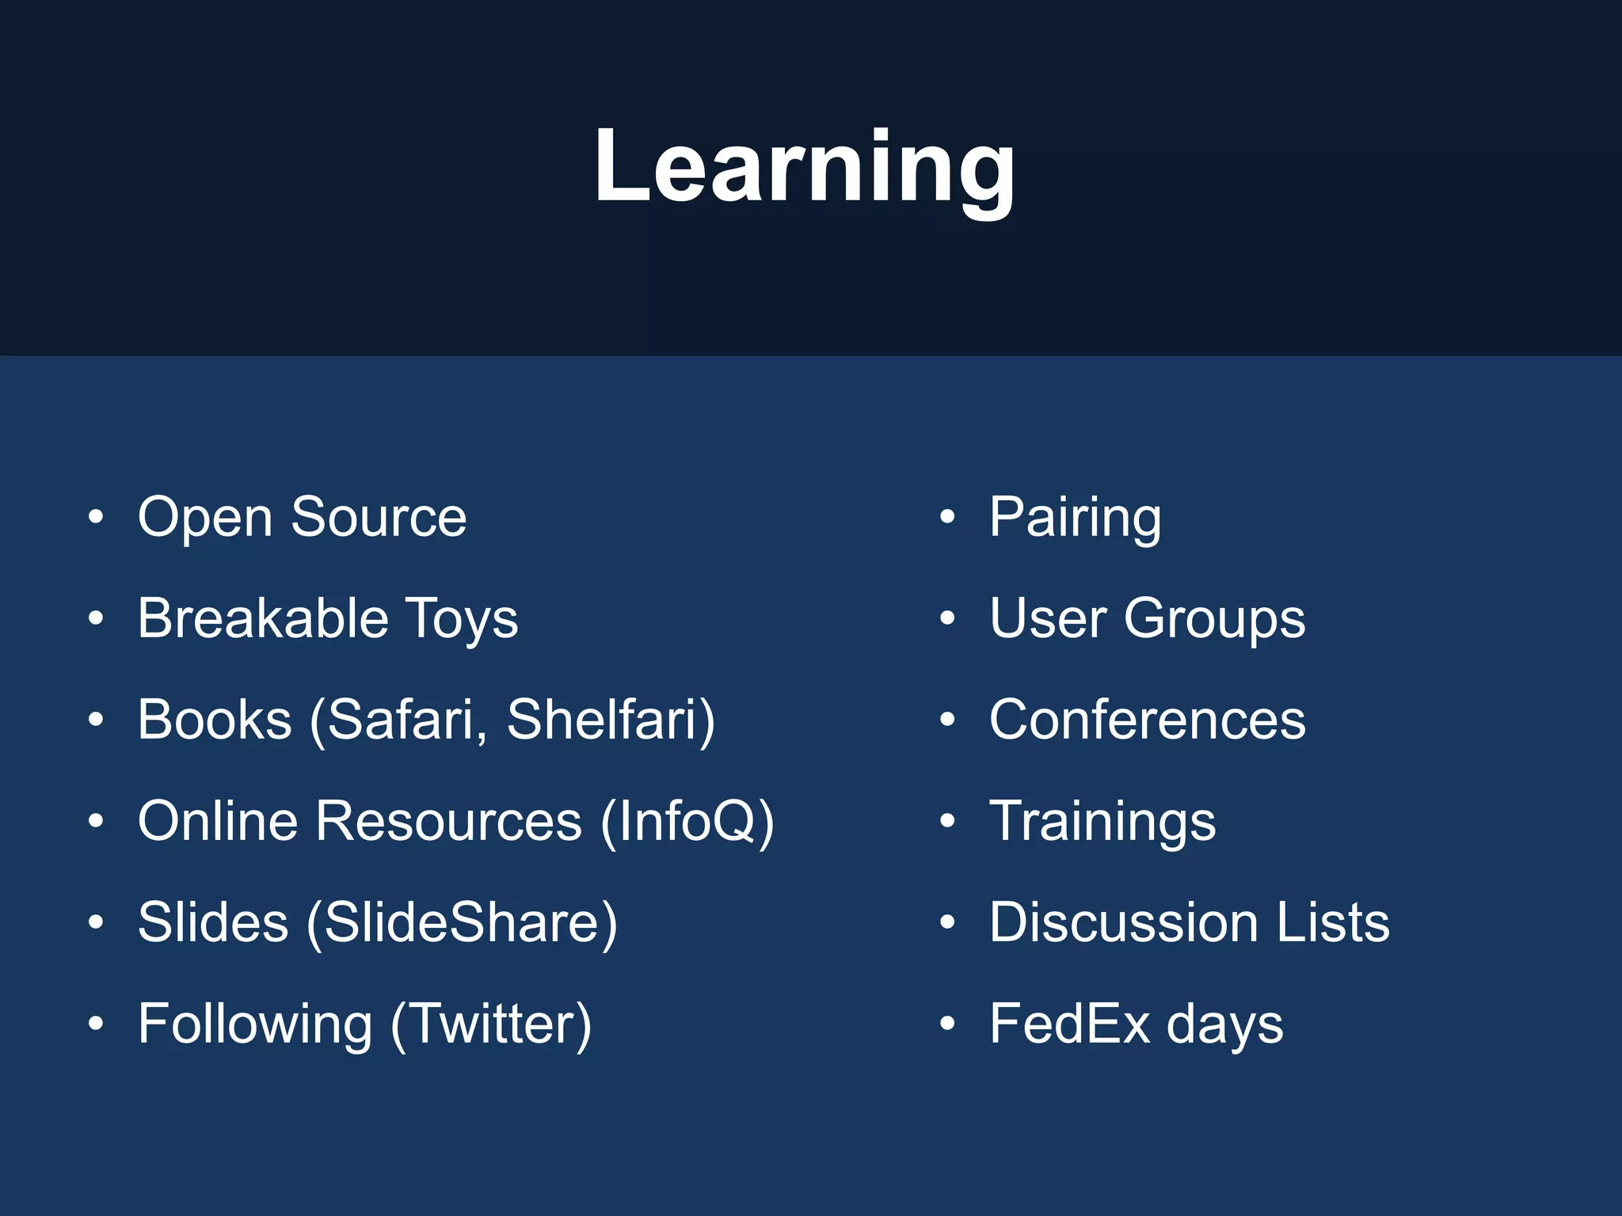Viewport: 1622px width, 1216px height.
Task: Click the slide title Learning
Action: tap(805, 168)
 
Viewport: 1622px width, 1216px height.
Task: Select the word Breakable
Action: tap(263, 619)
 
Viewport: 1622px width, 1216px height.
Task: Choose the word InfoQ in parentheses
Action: tap(687, 822)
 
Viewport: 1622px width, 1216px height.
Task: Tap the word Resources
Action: tap(449, 822)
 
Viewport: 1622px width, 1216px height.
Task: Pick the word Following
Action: tap(255, 1024)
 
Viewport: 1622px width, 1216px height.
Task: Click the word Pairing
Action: tap(1075, 518)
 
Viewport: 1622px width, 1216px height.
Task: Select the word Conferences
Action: tap(1147, 720)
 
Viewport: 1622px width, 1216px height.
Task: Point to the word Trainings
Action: tap(1102, 822)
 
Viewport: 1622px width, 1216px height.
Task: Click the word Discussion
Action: tap(1124, 923)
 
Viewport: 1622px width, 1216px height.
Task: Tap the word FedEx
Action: tap(1069, 1024)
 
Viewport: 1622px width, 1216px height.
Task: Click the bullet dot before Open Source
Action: tap(96, 518)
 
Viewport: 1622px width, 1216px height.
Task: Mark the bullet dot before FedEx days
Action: tap(947, 1024)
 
